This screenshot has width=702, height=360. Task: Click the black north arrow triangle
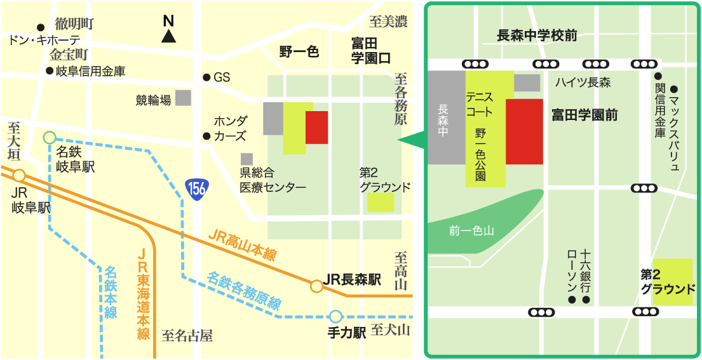[168, 36]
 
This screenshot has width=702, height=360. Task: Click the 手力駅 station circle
[335, 316]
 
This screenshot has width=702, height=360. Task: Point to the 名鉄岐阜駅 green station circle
[50, 137]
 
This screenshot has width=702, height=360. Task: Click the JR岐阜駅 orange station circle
[20, 175]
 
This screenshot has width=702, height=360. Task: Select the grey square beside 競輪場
[183, 98]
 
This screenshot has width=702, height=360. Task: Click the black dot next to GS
[206, 77]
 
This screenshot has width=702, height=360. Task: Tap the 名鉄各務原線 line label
[244, 290]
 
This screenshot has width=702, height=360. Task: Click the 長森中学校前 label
[537, 36]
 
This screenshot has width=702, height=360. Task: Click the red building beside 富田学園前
[524, 131]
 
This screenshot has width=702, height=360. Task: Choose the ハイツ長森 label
[583, 82]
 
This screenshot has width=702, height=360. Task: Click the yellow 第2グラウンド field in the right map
[673, 281]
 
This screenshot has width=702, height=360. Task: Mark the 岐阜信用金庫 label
[90, 70]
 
